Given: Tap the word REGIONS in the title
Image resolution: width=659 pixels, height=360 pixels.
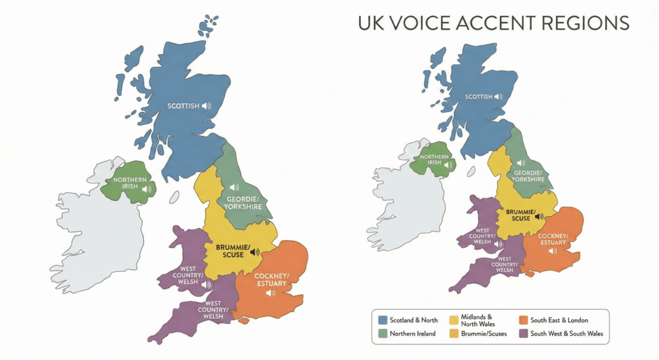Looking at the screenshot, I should [x=587, y=24].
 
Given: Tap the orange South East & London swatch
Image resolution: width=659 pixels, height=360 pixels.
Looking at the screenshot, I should [x=523, y=320].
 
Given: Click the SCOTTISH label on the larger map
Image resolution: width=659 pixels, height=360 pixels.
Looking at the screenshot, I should [x=183, y=106].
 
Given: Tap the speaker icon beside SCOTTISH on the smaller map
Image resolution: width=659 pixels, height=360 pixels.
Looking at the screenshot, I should [x=499, y=97].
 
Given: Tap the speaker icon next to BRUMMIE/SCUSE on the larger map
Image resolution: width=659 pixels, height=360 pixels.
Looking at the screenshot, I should [x=255, y=252].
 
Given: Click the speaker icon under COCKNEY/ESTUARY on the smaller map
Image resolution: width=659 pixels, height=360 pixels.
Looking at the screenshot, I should [x=552, y=251].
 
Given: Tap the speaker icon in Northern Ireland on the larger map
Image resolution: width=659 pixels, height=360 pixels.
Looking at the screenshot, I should [x=147, y=189].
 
